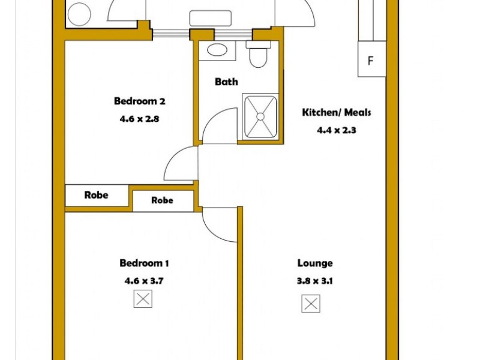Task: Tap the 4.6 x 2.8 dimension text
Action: pyautogui.click(x=139, y=119)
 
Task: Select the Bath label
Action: pyautogui.click(x=226, y=82)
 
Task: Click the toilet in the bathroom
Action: pyautogui.click(x=259, y=55)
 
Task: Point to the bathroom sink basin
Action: pyautogui.click(x=213, y=50)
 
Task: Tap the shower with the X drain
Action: pyautogui.click(x=260, y=116)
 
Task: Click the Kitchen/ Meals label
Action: pyautogui.click(x=336, y=112)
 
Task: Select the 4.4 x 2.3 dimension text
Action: pyautogui.click(x=337, y=129)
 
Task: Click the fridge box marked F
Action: pyautogui.click(x=371, y=60)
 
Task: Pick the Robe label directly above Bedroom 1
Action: pyautogui.click(x=162, y=200)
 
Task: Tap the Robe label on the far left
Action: pyautogui.click(x=96, y=195)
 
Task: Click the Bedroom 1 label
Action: pyautogui.click(x=144, y=263)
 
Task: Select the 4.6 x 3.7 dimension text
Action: pyautogui.click(x=144, y=280)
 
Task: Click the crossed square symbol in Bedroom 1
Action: pyautogui.click(x=143, y=298)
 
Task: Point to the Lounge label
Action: pyautogui.click(x=315, y=263)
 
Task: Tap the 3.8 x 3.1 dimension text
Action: pyautogui.click(x=315, y=280)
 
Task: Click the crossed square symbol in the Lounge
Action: pyautogui.click(x=311, y=304)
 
